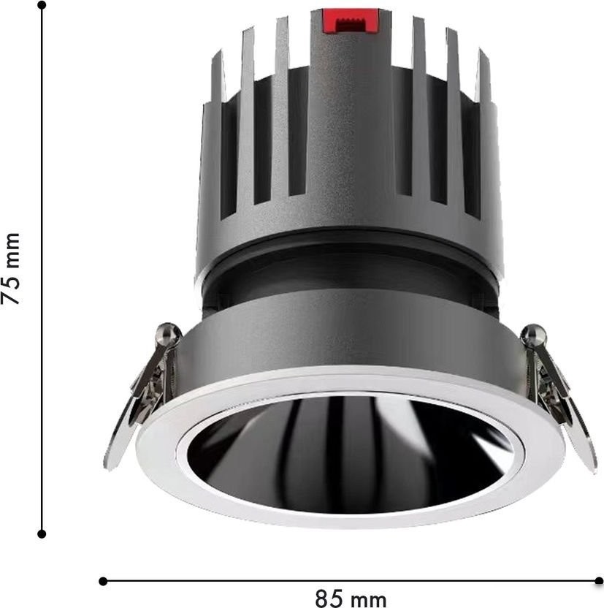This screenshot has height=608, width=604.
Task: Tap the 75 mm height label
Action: pyautogui.click(x=10, y=269)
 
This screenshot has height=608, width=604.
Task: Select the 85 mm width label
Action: pyautogui.click(x=351, y=598)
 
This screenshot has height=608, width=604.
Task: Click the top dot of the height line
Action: pyautogui.click(x=42, y=5)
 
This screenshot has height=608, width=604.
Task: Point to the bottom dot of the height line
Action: pyautogui.click(x=42, y=534)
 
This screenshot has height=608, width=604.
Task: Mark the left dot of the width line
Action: pyautogui.click(x=103, y=581)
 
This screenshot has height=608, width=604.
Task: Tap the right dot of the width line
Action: pyautogui.click(x=599, y=581)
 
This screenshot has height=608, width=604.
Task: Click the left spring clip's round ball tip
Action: pyautogui.click(x=168, y=333)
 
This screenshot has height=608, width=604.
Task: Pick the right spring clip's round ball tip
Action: pyautogui.click(x=534, y=334)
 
